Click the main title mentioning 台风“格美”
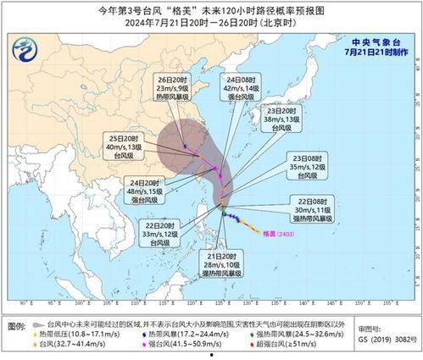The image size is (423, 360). pos(211,8)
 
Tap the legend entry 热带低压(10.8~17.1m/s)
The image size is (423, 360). pos(76,335)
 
